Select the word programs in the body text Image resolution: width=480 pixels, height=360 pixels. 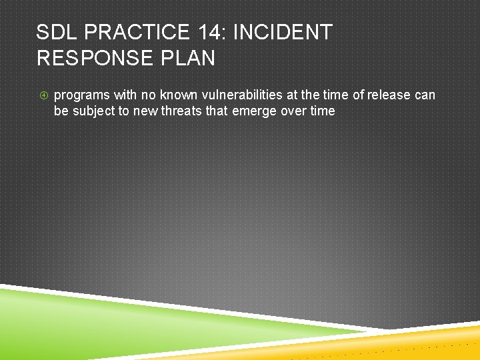click(x=81, y=95)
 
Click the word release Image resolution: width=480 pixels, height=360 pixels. click(x=389, y=95)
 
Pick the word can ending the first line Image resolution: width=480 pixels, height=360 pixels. click(x=425, y=95)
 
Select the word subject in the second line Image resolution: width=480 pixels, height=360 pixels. click(x=93, y=111)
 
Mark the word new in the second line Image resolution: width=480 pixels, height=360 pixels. click(x=145, y=111)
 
